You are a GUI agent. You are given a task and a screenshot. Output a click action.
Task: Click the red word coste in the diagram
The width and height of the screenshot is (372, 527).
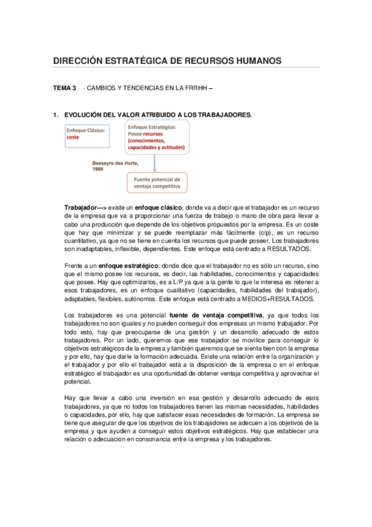click(73, 137)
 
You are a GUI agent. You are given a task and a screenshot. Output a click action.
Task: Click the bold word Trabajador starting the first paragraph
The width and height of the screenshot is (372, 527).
click(80, 206)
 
